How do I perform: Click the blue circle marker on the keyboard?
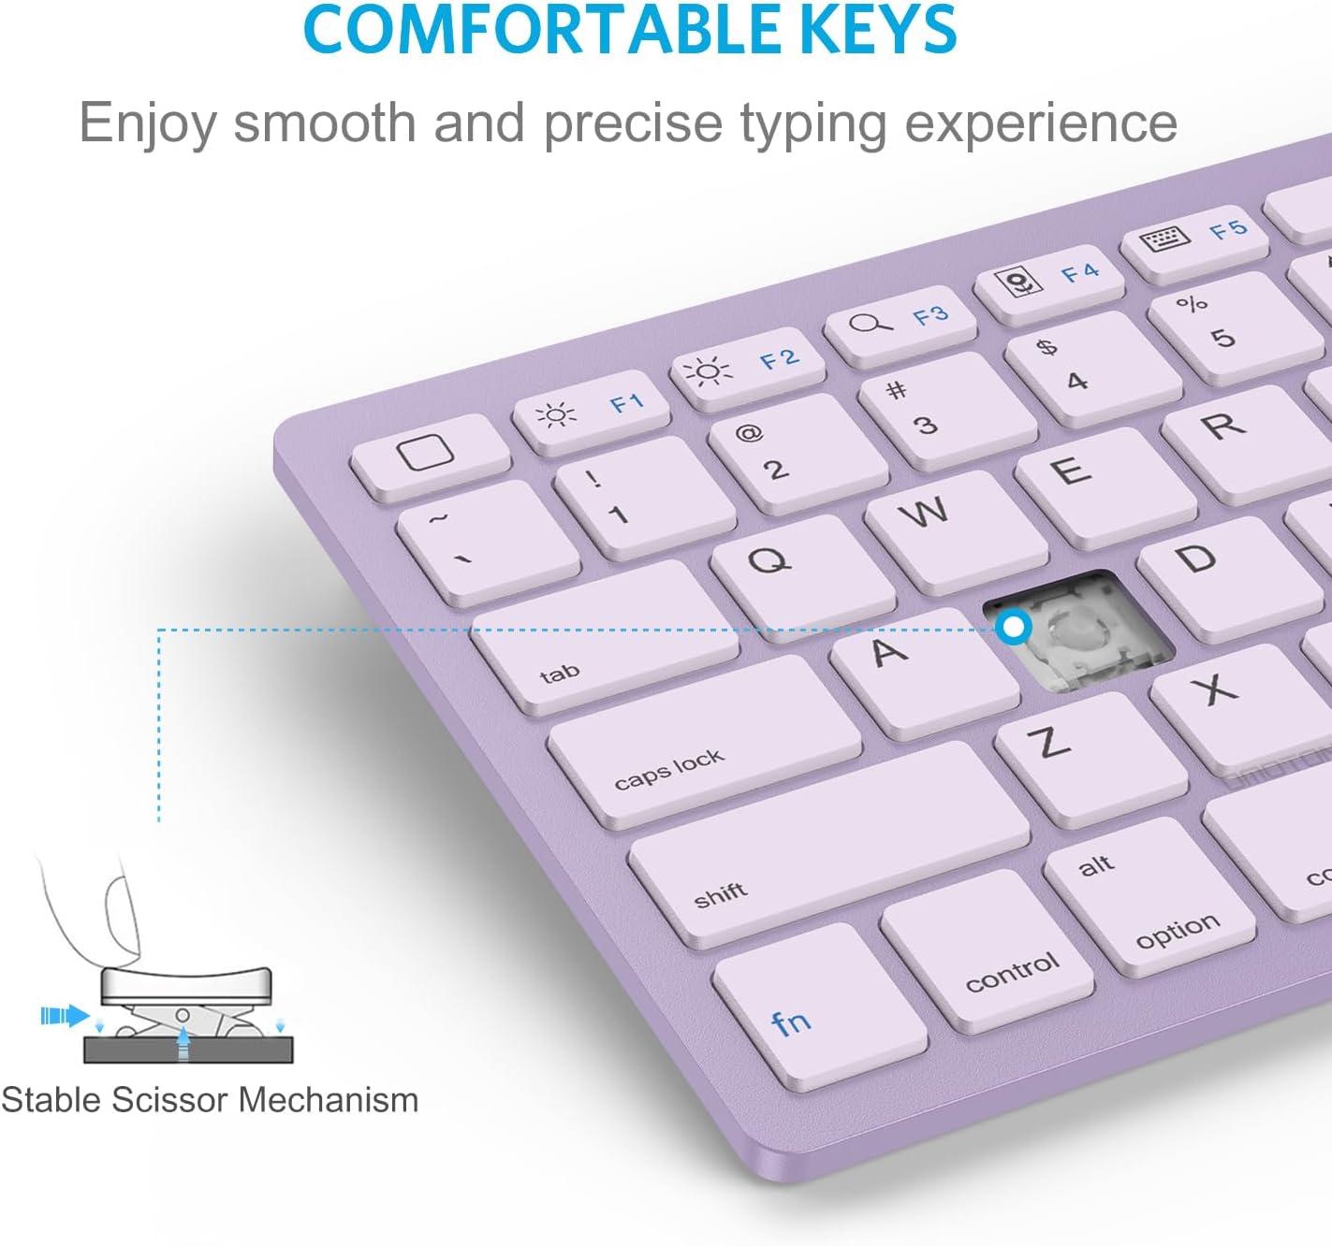point(1013,627)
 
